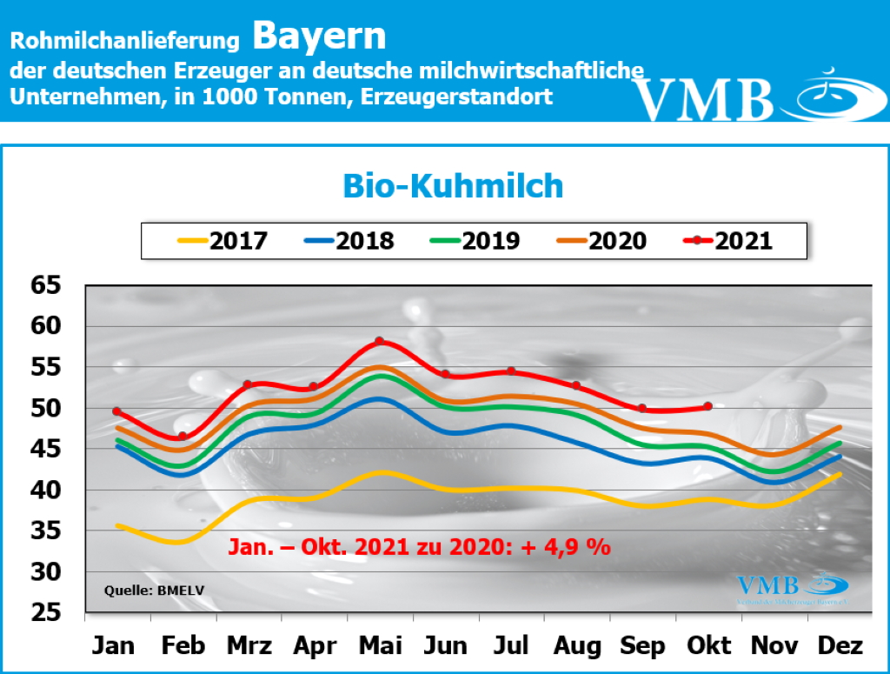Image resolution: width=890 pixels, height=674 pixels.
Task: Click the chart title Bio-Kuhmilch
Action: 453,185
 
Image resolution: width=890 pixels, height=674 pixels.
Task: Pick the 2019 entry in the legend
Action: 474,240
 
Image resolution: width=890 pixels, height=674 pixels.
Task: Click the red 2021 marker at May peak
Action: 379,341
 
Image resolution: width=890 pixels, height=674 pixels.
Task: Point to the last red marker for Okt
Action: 708,406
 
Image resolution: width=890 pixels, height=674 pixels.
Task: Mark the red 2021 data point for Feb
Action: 183,436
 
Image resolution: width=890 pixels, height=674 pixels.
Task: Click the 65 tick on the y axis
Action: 49,285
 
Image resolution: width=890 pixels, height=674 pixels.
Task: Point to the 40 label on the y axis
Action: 49,490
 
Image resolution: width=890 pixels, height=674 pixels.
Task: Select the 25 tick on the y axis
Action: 49,613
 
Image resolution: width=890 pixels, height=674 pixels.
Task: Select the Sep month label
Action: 642,646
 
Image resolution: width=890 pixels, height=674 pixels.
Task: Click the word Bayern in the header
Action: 319,36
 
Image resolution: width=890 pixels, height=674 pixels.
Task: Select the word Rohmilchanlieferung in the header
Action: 124,40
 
